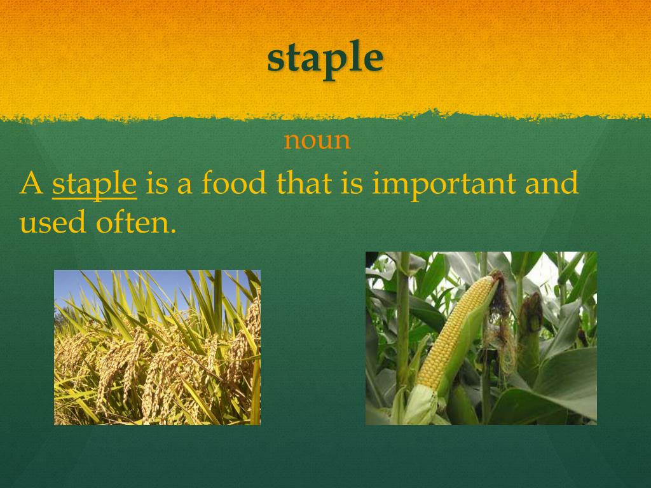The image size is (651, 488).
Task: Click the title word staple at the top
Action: point(325,58)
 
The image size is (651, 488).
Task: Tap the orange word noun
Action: point(317,140)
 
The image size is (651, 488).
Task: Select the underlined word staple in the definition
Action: point(94,184)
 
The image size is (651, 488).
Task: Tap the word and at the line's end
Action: point(552,184)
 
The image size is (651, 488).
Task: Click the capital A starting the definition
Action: point(31,184)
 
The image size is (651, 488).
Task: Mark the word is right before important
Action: point(352,184)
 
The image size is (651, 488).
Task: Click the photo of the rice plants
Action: point(157,347)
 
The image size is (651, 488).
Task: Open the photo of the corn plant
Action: point(481,338)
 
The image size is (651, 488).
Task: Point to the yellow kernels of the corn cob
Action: point(453,337)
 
